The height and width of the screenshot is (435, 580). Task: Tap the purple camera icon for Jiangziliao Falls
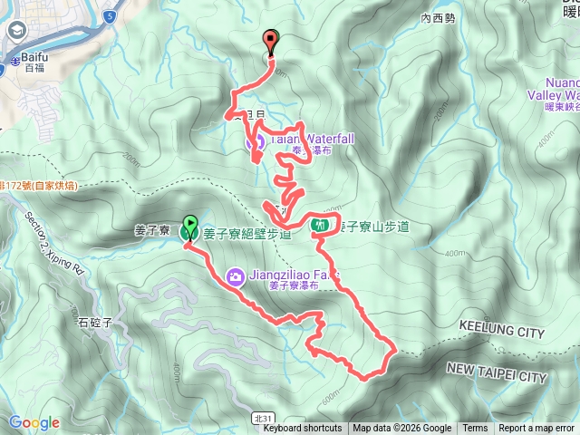point(235,275)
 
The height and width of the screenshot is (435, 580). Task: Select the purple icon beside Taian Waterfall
point(256,140)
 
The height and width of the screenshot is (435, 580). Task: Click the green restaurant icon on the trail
point(318,225)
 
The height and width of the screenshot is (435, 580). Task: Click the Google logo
point(34,422)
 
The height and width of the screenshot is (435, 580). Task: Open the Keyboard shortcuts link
point(303,429)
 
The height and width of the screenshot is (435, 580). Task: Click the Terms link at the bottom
point(475,429)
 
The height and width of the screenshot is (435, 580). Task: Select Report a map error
point(536,429)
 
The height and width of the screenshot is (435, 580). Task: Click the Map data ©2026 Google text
point(401,429)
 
